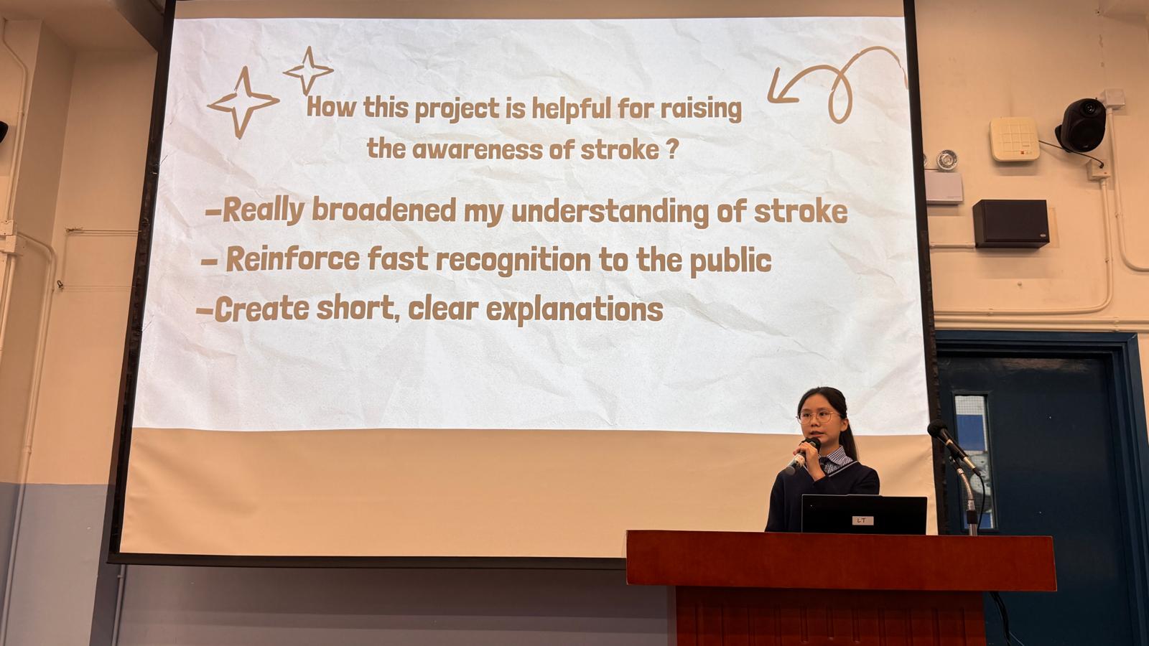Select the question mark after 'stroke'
click(674, 149)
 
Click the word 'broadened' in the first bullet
click(383, 210)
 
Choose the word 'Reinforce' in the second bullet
click(293, 258)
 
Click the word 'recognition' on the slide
click(513, 261)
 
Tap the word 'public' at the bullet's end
click(730, 261)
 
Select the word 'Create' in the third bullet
click(261, 309)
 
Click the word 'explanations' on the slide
click(574, 309)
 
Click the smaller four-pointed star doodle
click(308, 71)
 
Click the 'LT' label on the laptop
click(862, 520)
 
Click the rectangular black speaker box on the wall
click(1010, 223)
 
